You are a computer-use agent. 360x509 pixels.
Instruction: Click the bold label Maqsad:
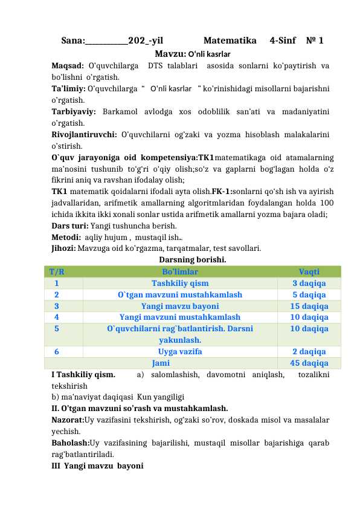tap(68, 65)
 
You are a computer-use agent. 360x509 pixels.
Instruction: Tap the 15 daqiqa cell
tap(309, 306)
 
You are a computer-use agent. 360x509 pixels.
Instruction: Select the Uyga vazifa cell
tap(180, 351)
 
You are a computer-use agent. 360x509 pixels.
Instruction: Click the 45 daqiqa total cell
tap(309, 363)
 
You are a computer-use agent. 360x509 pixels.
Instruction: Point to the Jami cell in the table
tap(161, 363)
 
